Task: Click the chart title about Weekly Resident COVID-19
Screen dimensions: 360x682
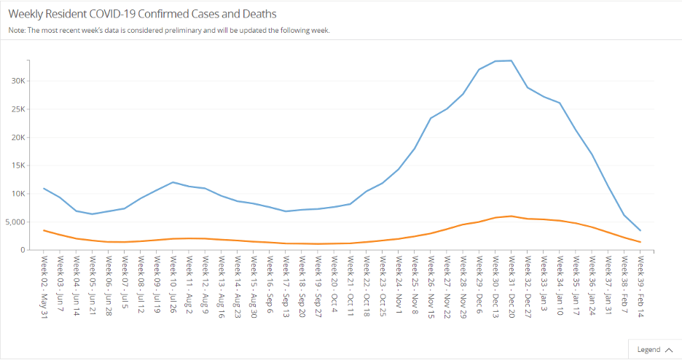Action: pos(142,14)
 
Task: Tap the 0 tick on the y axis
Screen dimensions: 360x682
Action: pos(22,250)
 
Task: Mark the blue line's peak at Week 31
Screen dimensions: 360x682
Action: pos(511,60)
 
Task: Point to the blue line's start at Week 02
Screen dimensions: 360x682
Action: pos(44,188)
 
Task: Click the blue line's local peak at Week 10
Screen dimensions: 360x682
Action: pos(173,182)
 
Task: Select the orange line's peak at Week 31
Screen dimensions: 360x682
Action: pos(511,216)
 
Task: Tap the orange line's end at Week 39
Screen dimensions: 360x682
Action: pos(640,242)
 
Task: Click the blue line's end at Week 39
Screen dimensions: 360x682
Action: pos(640,231)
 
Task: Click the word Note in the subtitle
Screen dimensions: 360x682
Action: pos(17,31)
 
